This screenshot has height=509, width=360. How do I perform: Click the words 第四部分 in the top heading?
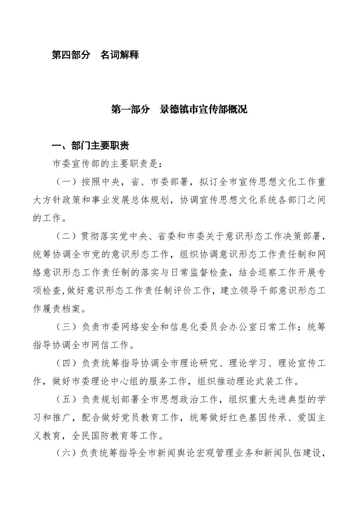[x=71, y=55]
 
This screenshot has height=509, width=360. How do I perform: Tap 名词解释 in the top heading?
[x=119, y=55]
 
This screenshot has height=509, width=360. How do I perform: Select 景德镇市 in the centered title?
[x=179, y=110]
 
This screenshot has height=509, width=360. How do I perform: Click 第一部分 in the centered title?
[x=130, y=110]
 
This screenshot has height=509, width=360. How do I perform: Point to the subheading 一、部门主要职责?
[x=90, y=146]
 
